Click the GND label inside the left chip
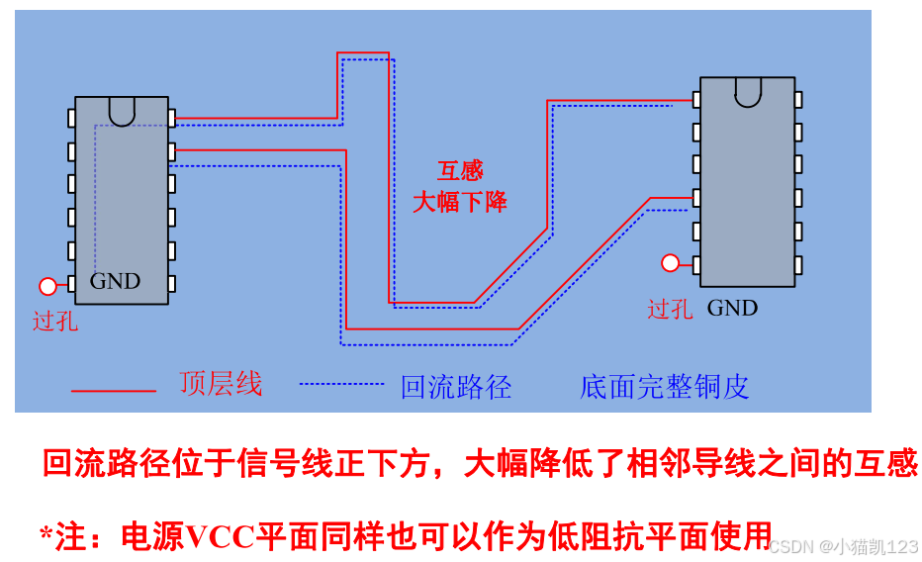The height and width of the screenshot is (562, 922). tap(115, 281)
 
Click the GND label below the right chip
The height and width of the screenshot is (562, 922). tap(732, 308)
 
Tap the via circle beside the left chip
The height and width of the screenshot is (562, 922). tap(47, 287)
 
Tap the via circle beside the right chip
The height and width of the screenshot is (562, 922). tap(671, 263)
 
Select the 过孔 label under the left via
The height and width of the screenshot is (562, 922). tap(54, 321)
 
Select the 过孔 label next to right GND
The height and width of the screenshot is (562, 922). tap(670, 309)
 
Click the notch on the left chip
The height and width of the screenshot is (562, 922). tap(122, 110)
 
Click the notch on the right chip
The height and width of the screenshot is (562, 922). tap(748, 91)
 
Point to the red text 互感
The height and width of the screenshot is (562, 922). tap(460, 171)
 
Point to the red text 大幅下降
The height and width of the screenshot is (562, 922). tap(460, 202)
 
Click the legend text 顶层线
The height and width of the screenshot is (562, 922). tap(221, 384)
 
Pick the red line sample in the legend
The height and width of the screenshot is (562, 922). tap(114, 391)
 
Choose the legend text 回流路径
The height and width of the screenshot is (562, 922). tap(456, 387)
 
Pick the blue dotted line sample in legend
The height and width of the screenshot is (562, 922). tap(341, 383)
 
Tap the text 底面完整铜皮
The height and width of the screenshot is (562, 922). tap(664, 387)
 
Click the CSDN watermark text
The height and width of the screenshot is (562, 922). tap(843, 546)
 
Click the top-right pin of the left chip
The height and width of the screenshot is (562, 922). tap(171, 118)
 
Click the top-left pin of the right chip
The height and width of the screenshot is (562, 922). tap(696, 100)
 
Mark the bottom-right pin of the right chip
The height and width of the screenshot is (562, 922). tap(797, 265)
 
